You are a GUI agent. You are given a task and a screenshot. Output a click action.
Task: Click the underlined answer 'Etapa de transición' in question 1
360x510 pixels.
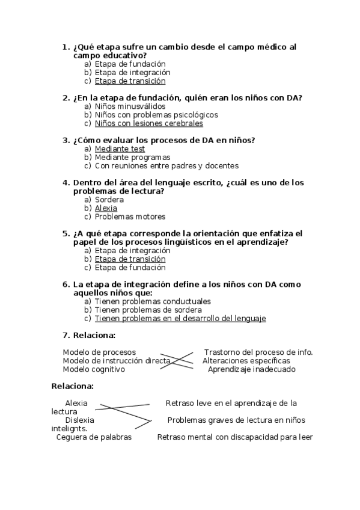coord(130,81)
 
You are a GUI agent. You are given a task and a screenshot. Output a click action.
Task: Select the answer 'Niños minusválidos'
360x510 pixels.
coord(121,106)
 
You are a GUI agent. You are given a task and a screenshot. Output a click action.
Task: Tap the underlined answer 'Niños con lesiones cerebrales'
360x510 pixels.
coord(148,123)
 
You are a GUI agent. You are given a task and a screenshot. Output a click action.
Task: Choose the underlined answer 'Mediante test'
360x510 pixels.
coord(120,149)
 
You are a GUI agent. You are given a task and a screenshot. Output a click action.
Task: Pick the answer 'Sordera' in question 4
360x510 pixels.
coord(109,200)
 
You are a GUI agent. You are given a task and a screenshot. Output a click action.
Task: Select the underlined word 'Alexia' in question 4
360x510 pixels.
coord(106,208)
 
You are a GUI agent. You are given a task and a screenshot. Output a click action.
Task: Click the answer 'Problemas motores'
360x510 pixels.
coord(130,217)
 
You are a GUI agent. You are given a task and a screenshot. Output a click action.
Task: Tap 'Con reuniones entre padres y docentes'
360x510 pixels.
coord(166,165)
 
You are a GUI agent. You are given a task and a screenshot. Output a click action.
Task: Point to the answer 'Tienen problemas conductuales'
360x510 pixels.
coord(153,301)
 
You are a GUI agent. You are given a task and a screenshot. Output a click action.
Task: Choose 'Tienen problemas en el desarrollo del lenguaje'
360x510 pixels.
coord(180,318)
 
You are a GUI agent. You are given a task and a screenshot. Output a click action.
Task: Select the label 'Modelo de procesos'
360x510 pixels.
coord(99,352)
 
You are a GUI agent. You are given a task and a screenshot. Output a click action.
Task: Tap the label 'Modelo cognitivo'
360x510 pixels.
coord(94,369)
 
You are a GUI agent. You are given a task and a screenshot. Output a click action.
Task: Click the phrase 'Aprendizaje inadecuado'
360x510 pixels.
coord(251,369)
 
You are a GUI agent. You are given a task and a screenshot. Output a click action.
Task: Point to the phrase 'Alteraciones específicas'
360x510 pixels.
coord(246,361)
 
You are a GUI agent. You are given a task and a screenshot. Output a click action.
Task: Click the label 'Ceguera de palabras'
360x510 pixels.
coord(94,437)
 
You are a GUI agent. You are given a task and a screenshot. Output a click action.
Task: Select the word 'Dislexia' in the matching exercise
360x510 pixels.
coord(80,420)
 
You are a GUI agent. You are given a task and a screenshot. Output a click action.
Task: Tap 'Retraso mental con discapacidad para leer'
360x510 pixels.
coord(235,437)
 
